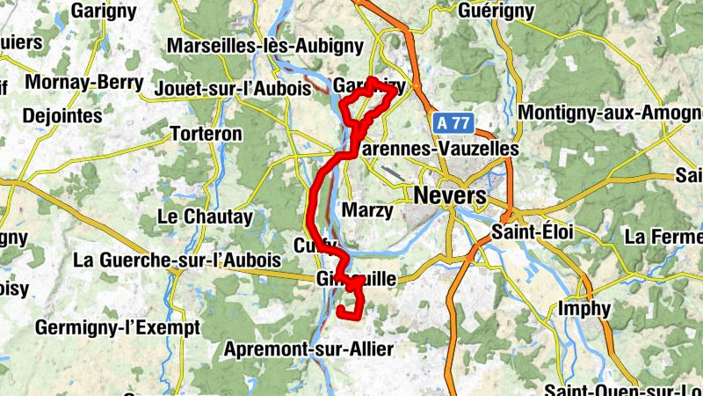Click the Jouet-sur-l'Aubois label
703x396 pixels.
(x=232, y=89)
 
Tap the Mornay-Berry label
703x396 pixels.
(x=84, y=83)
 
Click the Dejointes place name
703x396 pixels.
(x=62, y=115)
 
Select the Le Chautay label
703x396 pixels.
(x=205, y=216)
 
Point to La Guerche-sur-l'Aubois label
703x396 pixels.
(x=178, y=260)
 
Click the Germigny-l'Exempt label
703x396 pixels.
(x=118, y=327)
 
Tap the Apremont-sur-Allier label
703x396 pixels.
(x=308, y=348)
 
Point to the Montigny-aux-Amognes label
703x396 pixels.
(x=610, y=114)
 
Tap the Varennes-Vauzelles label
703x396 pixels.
(x=439, y=150)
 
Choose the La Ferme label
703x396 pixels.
(x=663, y=237)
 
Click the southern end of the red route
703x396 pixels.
(x=341, y=310)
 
